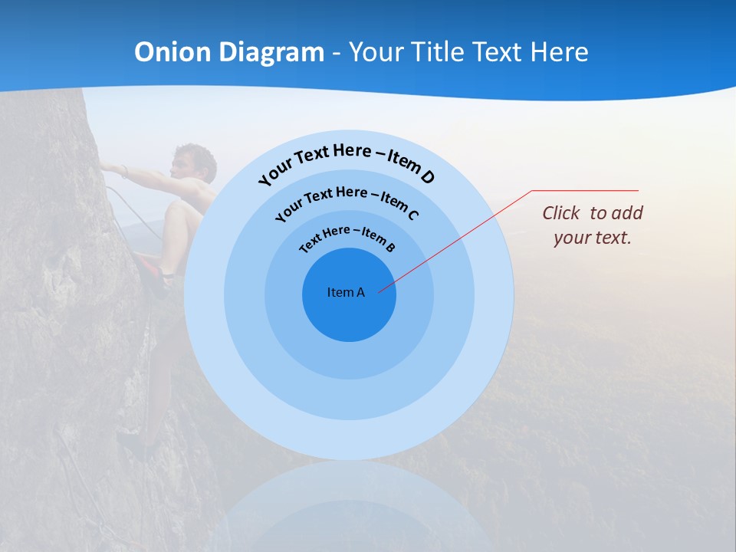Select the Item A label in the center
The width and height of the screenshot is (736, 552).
[x=346, y=292]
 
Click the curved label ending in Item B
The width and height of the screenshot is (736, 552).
[x=347, y=238]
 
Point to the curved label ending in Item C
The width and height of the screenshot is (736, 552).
[x=347, y=201]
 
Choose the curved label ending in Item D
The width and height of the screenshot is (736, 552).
[x=347, y=162]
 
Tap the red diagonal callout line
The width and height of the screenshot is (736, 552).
[x=460, y=238]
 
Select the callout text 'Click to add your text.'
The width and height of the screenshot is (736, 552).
[x=593, y=225]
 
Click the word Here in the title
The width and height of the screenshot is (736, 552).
[x=558, y=52]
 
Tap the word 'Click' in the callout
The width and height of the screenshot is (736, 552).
[x=561, y=213]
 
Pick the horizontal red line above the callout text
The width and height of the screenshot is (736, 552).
[x=585, y=190]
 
